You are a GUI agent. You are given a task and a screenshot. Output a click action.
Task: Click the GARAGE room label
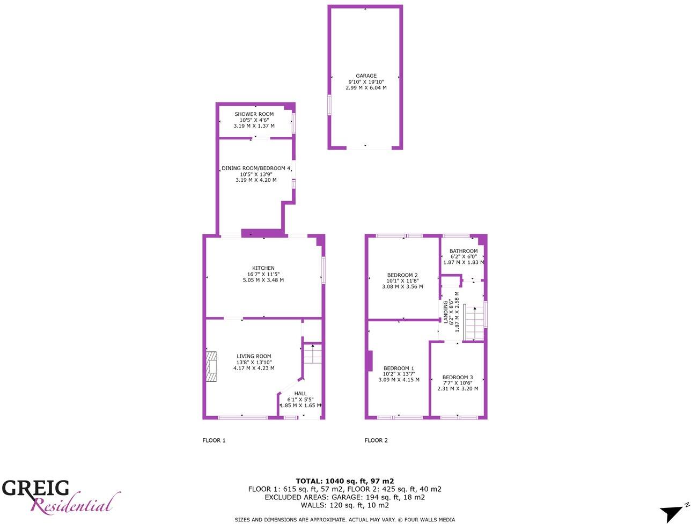[366, 76]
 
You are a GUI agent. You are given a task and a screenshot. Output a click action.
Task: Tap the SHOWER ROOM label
[254, 114]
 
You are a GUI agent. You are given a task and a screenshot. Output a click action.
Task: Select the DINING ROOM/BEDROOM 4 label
[256, 168]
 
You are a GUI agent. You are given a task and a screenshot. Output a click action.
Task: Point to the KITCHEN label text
[263, 268]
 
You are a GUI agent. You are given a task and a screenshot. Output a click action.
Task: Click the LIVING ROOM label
[254, 356]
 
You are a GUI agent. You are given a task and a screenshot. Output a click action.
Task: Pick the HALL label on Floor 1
[300, 394]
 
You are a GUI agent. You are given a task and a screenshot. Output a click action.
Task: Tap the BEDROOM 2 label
[402, 275]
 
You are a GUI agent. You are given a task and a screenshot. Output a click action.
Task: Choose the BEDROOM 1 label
[399, 368]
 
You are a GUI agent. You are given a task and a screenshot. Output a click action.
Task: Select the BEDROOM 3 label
[458, 378]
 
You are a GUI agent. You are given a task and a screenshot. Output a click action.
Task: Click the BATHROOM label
[464, 251]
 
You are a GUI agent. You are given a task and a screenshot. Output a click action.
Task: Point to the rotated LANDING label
[445, 312]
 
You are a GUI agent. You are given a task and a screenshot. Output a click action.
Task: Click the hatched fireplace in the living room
[212, 367]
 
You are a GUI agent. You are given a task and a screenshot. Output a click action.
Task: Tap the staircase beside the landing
[473, 322]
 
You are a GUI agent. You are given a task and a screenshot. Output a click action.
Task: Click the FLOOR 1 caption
[214, 440]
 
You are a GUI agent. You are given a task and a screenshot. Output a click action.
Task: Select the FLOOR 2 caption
[376, 440]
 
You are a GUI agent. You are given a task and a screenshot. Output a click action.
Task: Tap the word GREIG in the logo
[35, 488]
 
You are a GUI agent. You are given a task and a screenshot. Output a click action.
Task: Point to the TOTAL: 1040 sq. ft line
[345, 481]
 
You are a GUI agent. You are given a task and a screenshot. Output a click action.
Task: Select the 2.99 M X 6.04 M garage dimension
[366, 87]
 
